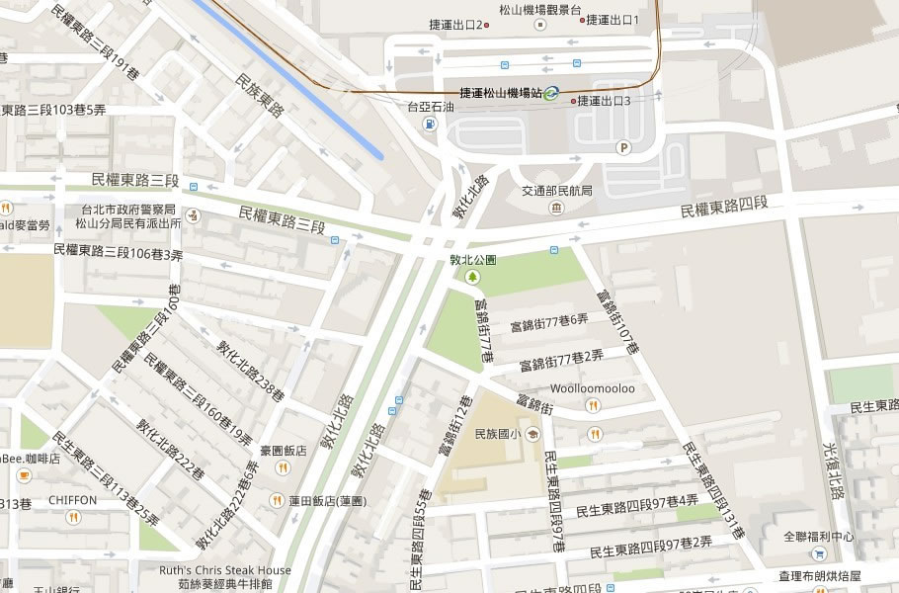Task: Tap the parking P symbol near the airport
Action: tap(622, 148)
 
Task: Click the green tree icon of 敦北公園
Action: tap(472, 277)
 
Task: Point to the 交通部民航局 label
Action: tap(556, 191)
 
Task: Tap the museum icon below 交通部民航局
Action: tap(556, 208)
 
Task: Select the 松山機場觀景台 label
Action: tap(539, 12)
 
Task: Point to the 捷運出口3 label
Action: tap(604, 100)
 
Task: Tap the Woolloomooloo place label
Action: tap(593, 388)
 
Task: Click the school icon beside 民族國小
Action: tap(532, 433)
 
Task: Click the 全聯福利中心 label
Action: tap(819, 537)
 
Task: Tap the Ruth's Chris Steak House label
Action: tap(225, 570)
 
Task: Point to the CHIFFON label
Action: tap(72, 500)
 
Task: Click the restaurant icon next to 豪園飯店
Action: tap(283, 467)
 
